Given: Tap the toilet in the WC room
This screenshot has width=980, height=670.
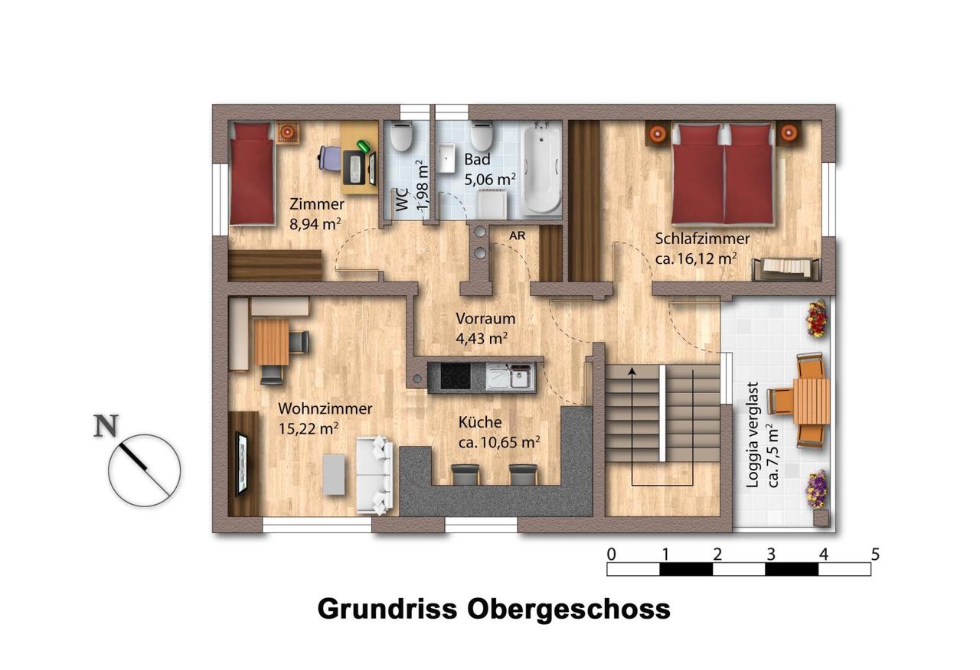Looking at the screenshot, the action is point(402,136).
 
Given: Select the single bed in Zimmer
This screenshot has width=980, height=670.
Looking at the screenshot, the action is point(252,174).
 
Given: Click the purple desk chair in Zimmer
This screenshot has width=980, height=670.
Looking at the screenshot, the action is point(329,158).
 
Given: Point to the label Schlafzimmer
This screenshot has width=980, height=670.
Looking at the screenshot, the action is point(702,239).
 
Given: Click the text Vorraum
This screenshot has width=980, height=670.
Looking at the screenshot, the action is point(485,319).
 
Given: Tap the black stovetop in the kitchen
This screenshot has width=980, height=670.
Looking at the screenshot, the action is point(456,376).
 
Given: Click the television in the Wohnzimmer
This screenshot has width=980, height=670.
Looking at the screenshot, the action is point(241,463).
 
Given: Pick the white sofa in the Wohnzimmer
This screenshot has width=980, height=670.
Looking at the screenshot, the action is point(374,475).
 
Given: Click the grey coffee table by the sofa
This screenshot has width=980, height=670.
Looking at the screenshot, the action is point(334,475).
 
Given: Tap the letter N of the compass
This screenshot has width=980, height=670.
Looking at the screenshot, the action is point(106,426).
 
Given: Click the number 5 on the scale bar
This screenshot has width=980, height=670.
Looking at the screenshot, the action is point(875,555).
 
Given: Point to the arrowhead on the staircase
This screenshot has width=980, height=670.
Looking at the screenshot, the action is point(632,372).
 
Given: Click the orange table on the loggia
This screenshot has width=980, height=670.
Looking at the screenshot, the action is point(812,402).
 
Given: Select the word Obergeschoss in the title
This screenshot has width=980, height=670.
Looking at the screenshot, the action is point(569,610).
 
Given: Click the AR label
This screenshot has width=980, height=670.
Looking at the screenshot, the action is point(517,236).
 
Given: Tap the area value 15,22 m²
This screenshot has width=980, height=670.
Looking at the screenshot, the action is point(309,429).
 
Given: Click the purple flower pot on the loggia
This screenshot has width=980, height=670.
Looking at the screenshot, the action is point(816,489).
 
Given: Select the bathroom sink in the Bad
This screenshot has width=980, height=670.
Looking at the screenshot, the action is point(447,158).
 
